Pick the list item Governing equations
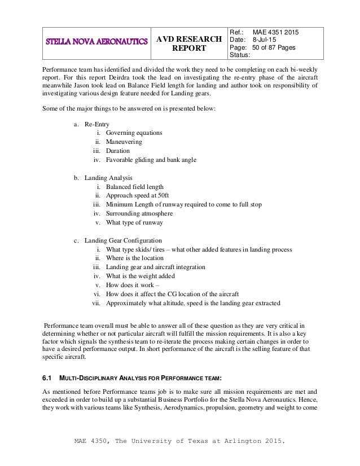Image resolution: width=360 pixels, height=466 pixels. pyautogui.click(x=134, y=133)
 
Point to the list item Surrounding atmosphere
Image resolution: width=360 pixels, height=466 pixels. pyautogui.click(x=139, y=213)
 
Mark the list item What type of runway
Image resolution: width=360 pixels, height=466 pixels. pyautogui.click(x=134, y=222)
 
